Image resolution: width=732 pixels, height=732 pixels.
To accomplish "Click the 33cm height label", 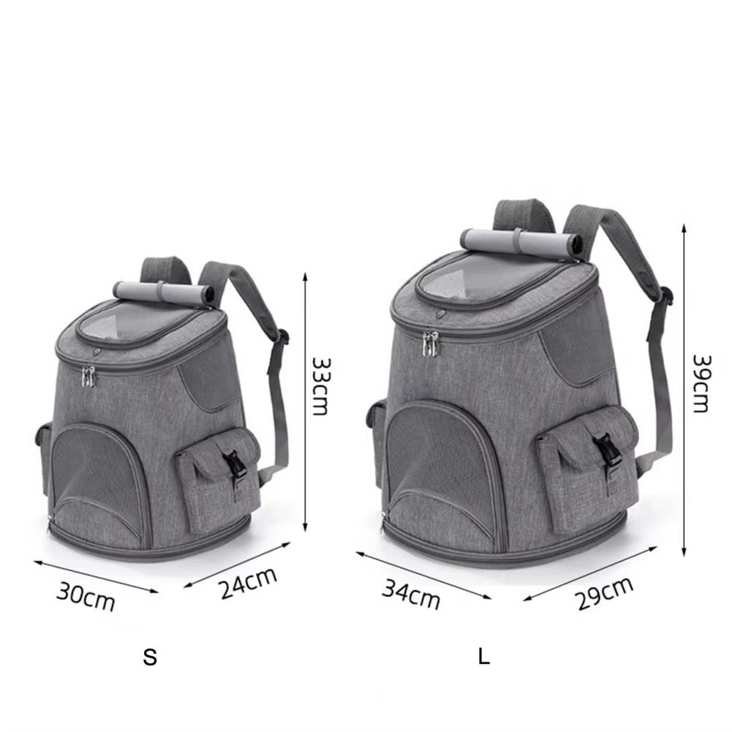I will click(320, 385).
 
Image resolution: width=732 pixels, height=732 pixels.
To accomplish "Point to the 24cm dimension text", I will click(249, 583).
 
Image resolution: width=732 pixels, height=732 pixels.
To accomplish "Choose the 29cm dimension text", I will click(604, 593).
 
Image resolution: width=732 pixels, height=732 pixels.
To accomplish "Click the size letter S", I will click(150, 657).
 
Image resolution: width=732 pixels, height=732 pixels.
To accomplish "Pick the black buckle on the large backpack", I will click(604, 449).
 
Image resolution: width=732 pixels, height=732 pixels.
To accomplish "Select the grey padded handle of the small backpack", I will click(165, 292).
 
